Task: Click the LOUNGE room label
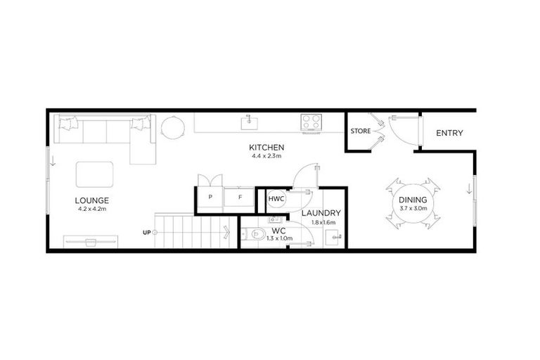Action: click(94, 200)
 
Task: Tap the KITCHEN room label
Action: click(266, 148)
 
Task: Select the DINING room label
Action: click(413, 200)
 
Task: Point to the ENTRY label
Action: click(449, 133)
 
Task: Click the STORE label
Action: click(361, 131)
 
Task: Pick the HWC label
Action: click(276, 200)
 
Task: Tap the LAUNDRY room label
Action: click(321, 213)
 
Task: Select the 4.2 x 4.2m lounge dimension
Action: click(94, 209)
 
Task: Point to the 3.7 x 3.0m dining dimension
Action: click(413, 208)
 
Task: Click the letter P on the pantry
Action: click(210, 198)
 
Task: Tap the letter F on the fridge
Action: click(240, 198)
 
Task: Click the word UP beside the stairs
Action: click(146, 232)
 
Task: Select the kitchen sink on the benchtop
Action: click(248, 122)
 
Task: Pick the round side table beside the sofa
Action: click(172, 127)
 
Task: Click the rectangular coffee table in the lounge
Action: click(94, 173)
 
